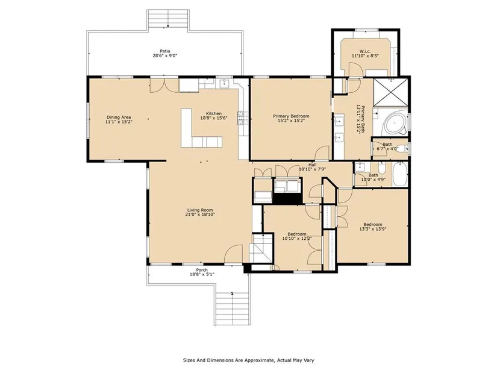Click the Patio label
point(165,51)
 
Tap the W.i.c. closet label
point(365,51)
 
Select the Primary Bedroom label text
point(291,116)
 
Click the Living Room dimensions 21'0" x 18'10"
point(201,215)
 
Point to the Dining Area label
point(119,118)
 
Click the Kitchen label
point(214,113)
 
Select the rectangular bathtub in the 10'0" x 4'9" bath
point(399,174)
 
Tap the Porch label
point(202,270)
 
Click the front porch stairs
point(233,309)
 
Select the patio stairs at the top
point(168,20)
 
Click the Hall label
point(313,165)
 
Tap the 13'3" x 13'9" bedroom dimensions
point(373,229)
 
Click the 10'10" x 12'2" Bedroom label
point(297,234)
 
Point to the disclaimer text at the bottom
point(248,360)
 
